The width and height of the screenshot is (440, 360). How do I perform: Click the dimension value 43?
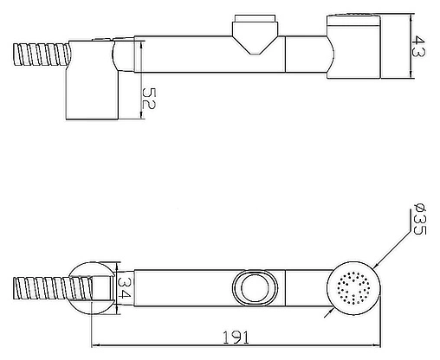tap(418, 46)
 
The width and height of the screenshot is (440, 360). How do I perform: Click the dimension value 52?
tap(149, 99)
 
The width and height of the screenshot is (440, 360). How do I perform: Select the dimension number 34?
tap(124, 287)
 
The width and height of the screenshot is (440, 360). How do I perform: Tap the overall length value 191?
tap(236, 337)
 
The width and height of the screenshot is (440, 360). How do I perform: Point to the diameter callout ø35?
tap(419, 219)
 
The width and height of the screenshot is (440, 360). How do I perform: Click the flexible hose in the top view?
tap(42, 55)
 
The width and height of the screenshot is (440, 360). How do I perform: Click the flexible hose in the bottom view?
tap(52, 288)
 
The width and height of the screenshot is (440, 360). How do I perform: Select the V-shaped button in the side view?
tap(255, 34)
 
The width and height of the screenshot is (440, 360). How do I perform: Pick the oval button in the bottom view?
tap(255, 287)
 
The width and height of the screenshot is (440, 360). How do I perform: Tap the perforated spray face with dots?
tap(353, 287)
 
